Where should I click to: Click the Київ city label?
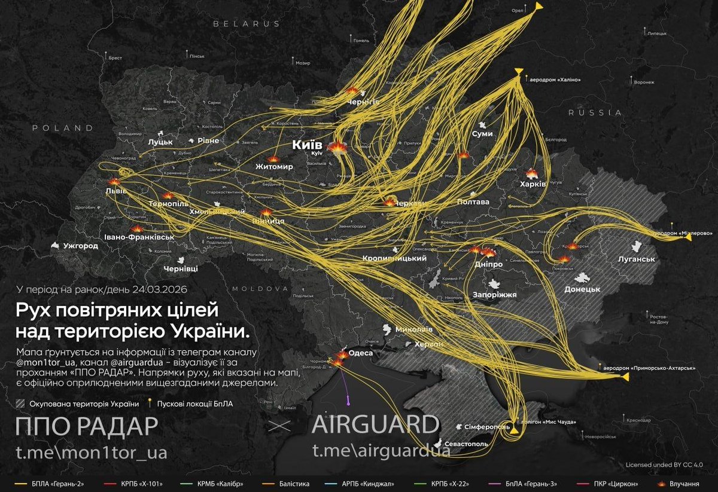tap(307, 145)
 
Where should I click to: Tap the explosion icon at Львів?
tap(114, 182)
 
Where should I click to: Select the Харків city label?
tap(533, 184)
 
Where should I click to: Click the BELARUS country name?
tap(247, 24)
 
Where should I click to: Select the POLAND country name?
tap(63, 128)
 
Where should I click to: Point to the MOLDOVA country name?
tap(260, 288)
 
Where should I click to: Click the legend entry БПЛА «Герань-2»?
tap(49, 483)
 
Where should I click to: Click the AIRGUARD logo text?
tap(375, 425)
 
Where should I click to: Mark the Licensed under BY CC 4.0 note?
tap(664, 465)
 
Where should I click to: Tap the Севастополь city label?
tap(466, 444)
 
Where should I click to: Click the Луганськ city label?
tap(637, 259)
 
